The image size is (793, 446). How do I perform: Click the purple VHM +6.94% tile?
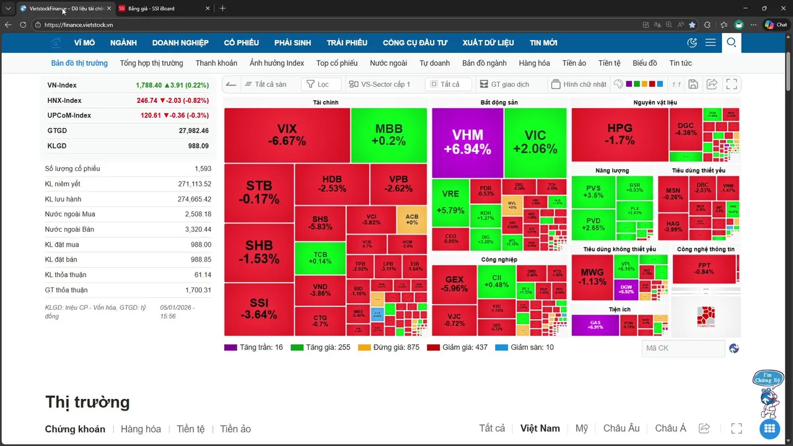(x=467, y=142)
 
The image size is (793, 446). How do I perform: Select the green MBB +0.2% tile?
(x=388, y=134)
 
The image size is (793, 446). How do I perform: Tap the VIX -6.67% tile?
(x=287, y=134)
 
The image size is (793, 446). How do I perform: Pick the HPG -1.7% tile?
(x=620, y=134)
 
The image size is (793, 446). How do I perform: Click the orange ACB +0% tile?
(x=411, y=219)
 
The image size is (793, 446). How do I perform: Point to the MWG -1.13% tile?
(x=592, y=276)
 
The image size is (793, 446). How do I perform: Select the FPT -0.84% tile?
(x=704, y=268)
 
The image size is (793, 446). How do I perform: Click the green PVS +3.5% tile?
(x=593, y=191)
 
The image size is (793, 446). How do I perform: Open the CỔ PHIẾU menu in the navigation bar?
(x=242, y=43)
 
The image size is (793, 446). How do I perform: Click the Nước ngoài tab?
(x=388, y=63)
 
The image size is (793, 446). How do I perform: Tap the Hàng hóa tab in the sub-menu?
(x=534, y=63)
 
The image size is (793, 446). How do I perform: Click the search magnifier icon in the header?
(x=731, y=43)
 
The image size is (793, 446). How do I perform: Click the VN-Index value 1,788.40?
(x=149, y=85)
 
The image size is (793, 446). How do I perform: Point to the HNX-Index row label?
(x=64, y=100)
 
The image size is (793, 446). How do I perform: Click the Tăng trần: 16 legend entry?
(x=253, y=348)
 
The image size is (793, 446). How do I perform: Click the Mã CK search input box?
(x=683, y=348)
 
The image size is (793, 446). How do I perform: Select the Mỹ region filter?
(x=581, y=429)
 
